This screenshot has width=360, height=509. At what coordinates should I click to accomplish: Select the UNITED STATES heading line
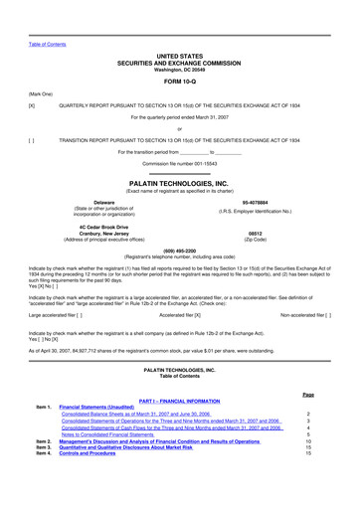coord(179,58)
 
